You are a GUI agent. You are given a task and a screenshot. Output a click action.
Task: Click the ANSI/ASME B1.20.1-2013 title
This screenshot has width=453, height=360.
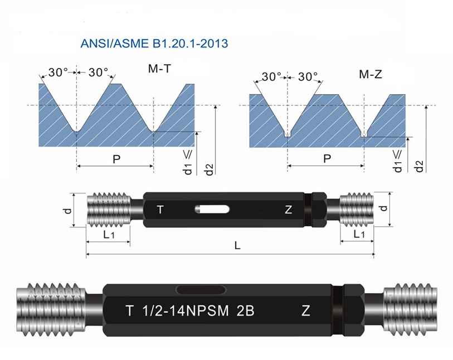click(x=154, y=43)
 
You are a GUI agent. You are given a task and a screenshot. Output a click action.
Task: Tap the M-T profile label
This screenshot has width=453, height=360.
click(x=159, y=69)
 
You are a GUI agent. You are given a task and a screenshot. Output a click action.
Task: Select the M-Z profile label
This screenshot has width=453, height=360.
click(x=371, y=75)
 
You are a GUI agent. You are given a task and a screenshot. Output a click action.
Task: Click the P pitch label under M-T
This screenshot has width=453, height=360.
click(x=116, y=159)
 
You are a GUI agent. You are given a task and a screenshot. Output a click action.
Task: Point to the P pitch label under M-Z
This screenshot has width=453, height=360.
click(x=327, y=159)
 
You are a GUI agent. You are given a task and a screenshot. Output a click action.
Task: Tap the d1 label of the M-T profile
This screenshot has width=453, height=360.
click(x=188, y=169)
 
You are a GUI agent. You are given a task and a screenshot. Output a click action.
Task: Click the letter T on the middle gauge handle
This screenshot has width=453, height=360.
click(x=160, y=210)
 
